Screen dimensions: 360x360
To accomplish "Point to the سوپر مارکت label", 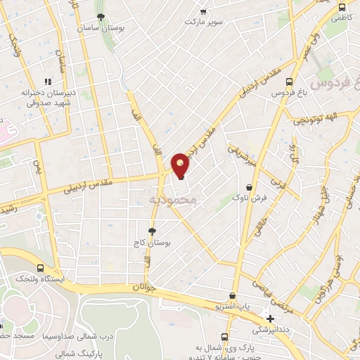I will [203, 22].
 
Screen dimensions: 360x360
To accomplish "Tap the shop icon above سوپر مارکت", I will [204, 11].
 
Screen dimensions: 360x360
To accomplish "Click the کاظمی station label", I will [341, 14].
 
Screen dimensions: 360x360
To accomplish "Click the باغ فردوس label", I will [282, 93].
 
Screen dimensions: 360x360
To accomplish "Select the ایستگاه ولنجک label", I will [40, 279].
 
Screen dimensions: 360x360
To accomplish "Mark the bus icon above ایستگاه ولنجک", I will [40, 268].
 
